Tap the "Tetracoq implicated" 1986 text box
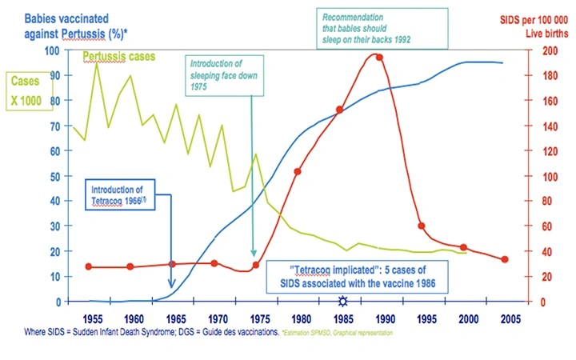pos(366,274)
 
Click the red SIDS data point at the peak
pos(379,58)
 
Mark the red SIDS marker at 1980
pos(298,171)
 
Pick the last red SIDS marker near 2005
pos(504,260)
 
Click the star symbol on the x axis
pos(343,302)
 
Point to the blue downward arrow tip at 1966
pos(171,287)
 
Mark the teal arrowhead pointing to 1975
pos(254,254)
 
